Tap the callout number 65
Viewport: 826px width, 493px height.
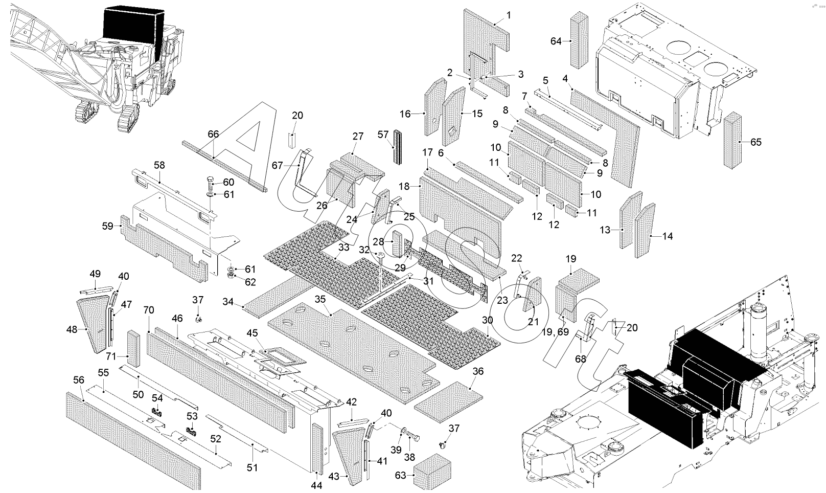click(755, 142)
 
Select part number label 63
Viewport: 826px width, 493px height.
click(401, 476)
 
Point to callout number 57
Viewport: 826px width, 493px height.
click(383, 135)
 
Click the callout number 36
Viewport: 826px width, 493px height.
click(478, 371)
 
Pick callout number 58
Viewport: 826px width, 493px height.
click(159, 165)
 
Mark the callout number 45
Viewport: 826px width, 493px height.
click(252, 333)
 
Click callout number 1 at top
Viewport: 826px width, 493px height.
click(509, 15)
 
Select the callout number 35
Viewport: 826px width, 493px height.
click(320, 298)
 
